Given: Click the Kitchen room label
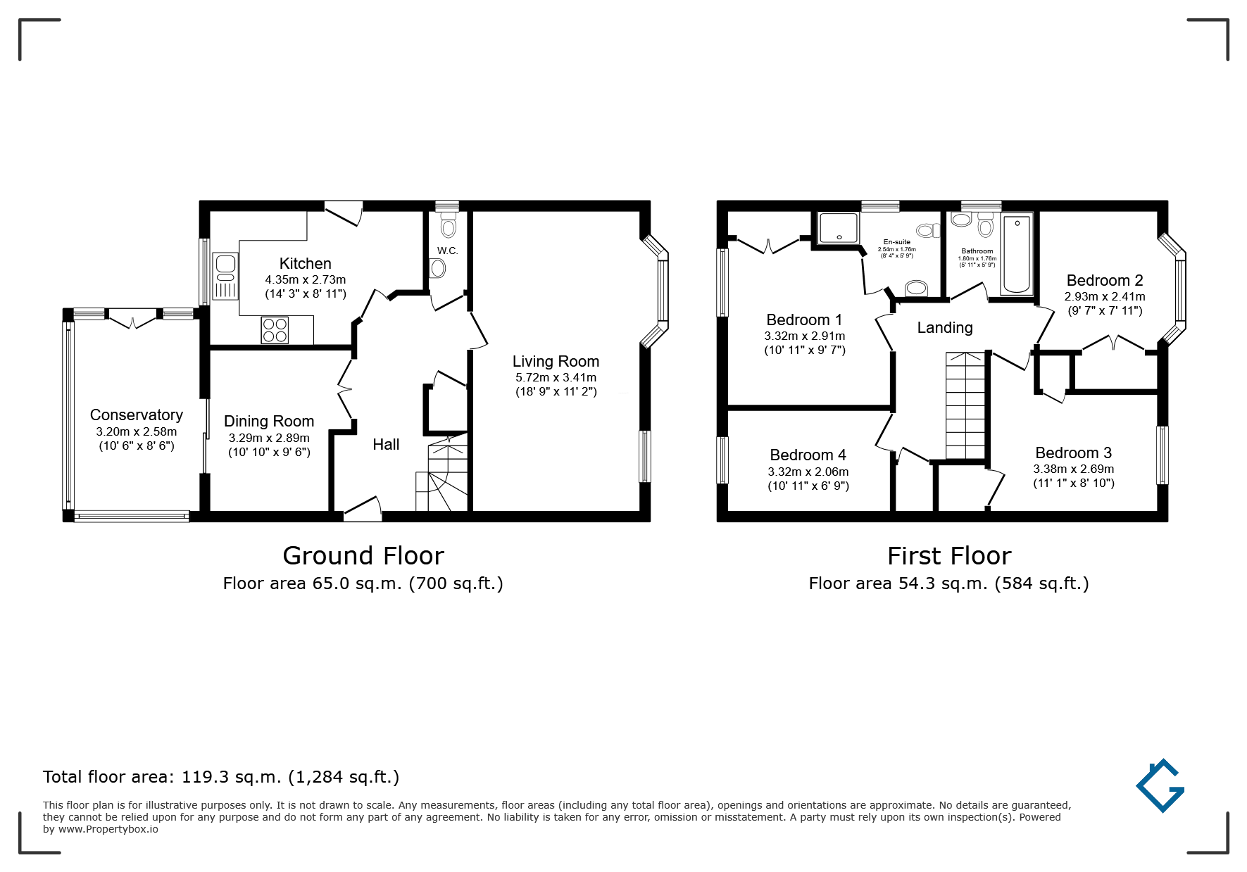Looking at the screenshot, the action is point(305,263).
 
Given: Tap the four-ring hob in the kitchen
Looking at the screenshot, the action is point(275,330).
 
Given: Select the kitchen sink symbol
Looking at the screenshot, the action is point(226,276).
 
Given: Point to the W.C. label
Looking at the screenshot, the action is point(447,251).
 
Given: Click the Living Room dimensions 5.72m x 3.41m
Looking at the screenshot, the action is point(556,377).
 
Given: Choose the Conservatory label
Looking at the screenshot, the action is point(137,415).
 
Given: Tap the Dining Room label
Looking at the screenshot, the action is point(269,421).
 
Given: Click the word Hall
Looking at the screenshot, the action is point(386,444).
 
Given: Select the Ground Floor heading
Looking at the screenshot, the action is point(363,555).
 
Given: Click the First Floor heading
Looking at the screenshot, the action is point(949,555).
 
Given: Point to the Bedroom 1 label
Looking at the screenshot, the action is point(804,320).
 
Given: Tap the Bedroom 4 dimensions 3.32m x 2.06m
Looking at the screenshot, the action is point(808,472).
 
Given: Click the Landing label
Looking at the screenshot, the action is point(945,327).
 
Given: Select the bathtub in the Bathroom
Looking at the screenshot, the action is point(1016,254).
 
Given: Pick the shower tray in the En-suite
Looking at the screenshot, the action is point(839,227).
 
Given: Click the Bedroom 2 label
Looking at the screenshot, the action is point(1105,280).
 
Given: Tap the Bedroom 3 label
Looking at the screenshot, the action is point(1074,453).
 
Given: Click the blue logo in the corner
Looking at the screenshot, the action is point(1160,785).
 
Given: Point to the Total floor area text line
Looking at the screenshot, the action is point(221,777).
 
